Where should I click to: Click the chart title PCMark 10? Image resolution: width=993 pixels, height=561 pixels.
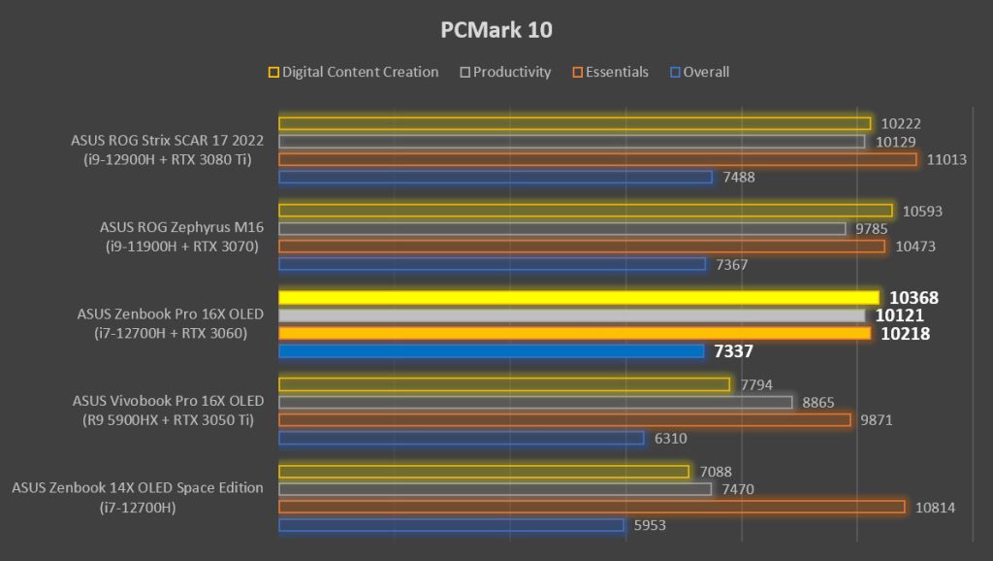(496, 30)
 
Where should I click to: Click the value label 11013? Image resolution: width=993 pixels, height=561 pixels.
(946, 159)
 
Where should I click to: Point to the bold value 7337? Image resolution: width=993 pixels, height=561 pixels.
(733, 351)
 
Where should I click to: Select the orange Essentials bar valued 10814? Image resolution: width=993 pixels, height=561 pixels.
(592, 507)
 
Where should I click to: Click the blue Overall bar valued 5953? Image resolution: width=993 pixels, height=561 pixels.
(451, 525)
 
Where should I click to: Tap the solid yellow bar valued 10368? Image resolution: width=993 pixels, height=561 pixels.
(578, 297)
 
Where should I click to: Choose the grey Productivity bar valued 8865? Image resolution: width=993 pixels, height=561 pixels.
(535, 402)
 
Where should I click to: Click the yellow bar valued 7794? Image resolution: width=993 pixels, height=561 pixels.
(504, 384)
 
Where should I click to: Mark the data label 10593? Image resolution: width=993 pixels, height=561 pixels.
(922, 211)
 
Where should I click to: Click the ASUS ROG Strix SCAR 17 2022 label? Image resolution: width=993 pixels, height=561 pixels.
(167, 141)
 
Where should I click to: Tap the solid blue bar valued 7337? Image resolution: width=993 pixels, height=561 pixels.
(491, 351)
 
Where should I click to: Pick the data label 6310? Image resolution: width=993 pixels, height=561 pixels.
(670, 439)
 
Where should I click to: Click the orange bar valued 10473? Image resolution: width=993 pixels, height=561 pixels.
(582, 247)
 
